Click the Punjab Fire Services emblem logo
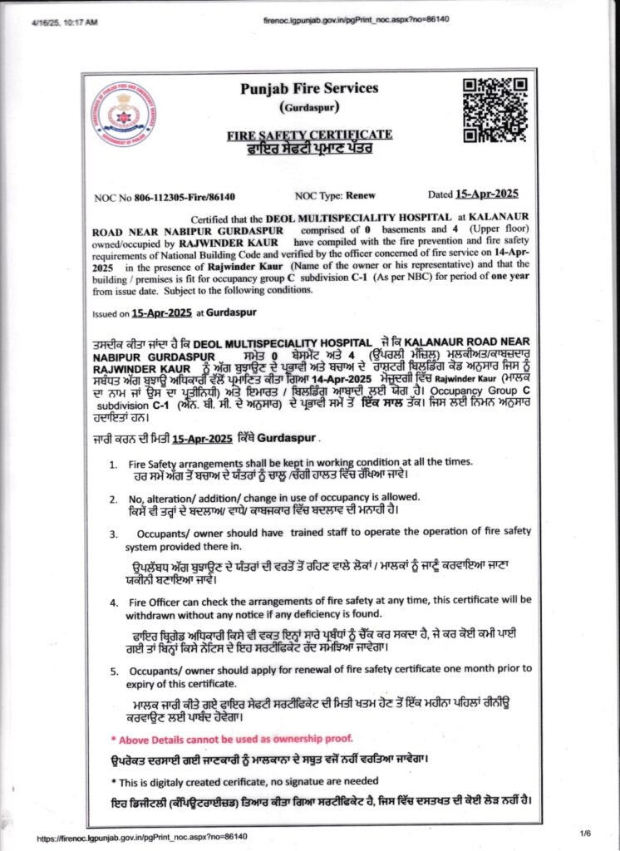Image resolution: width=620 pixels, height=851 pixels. pos(123,114)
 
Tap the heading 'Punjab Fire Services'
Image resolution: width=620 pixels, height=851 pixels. pos(308,89)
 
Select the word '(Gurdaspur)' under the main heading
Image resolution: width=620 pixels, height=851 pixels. pos(309,108)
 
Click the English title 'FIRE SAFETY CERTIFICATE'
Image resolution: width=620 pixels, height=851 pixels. pos(309,135)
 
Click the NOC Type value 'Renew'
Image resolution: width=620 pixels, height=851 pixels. pos(358,195)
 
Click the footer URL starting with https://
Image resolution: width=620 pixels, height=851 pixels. pos(142,837)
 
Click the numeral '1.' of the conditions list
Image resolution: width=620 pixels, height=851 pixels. pos(113,462)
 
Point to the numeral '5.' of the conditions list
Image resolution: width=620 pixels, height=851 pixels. pos(113,668)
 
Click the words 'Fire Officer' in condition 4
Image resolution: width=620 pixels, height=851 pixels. pos(154,599)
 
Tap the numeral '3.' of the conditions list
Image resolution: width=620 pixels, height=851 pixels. pos(113,531)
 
